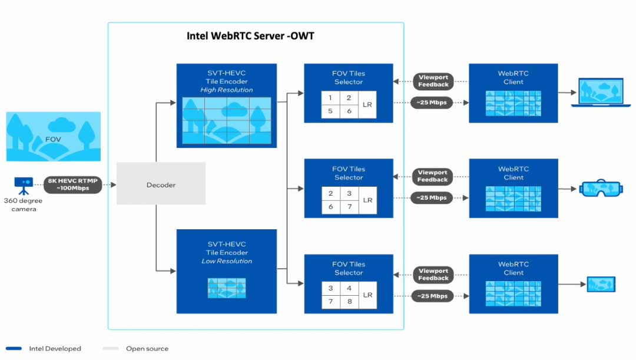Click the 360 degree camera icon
(x=24, y=184)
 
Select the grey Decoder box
(x=161, y=184)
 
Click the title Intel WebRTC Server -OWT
(x=250, y=36)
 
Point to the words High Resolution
(x=227, y=90)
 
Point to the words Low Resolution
(x=227, y=261)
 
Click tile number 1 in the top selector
(x=331, y=98)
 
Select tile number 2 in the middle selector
(x=331, y=193)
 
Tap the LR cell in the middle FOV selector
(x=367, y=200)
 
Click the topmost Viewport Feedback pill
(x=433, y=81)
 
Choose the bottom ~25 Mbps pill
(x=433, y=296)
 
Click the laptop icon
(x=598, y=93)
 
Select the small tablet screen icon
(x=602, y=285)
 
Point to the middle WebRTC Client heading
(x=514, y=173)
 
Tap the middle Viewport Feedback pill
(x=433, y=176)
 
